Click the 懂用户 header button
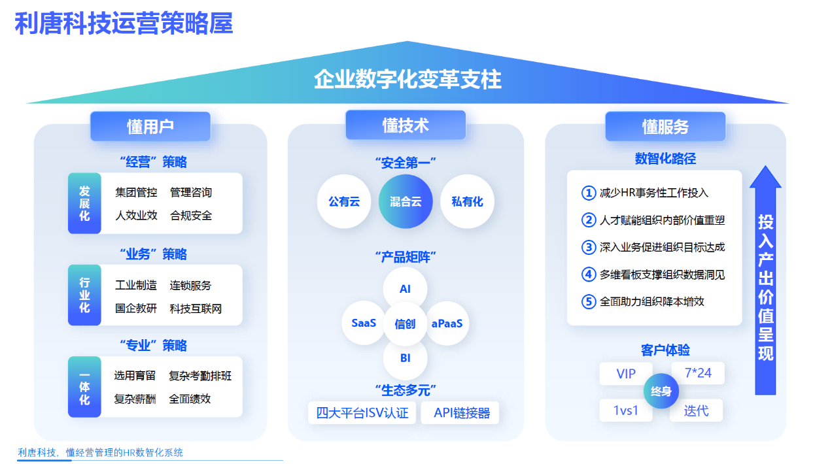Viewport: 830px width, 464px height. click(150, 126)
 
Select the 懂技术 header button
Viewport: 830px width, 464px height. click(406, 125)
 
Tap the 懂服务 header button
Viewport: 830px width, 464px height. click(665, 126)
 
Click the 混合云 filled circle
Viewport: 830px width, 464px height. click(406, 202)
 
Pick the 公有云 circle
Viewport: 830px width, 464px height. click(344, 202)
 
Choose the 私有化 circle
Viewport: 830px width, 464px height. click(467, 202)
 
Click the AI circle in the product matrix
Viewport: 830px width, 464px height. click(405, 288)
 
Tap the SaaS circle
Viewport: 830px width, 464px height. click(364, 323)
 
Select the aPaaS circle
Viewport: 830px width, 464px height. click(447, 323)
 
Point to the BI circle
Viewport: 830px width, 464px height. click(405, 357)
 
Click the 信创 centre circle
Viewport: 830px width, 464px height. click(405, 323)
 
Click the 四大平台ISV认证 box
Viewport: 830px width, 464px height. click(362, 413)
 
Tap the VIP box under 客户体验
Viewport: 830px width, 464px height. click(626, 374)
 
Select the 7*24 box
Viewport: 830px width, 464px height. click(697, 373)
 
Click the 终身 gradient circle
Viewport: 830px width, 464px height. click(661, 391)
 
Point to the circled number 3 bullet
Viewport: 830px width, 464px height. click(589, 247)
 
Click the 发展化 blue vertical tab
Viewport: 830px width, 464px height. click(84, 203)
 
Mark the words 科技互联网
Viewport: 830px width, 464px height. click(196, 308)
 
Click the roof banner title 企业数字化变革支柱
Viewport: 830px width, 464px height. click(407, 79)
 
